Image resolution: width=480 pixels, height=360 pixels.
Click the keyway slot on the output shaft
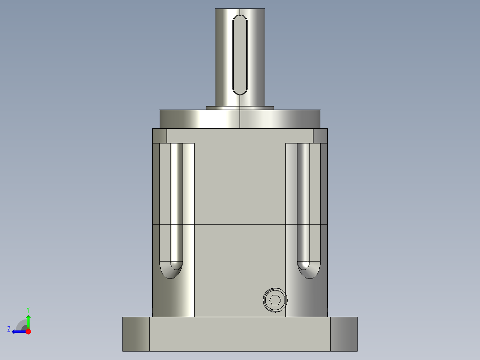coord(240,54)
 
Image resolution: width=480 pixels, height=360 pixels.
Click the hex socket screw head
coord(275,300)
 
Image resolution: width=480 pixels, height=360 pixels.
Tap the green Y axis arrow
coord(28,320)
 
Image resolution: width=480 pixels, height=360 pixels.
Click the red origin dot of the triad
coord(28,331)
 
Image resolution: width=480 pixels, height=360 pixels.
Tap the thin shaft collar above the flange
coord(240,107)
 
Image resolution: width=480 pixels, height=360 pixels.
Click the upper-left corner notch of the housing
coord(159,136)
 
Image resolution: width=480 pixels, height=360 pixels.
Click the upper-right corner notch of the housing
coord(320,136)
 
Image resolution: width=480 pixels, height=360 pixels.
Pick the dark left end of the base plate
coord(136,334)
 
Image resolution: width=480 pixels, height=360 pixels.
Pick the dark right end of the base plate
coord(344,334)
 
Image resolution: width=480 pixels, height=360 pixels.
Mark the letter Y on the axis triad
coord(28,309)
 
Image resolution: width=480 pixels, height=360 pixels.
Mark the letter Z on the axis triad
coord(9,329)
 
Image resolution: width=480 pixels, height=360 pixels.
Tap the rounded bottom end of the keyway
coord(240,90)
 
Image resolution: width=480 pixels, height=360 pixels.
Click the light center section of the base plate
coord(240,334)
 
